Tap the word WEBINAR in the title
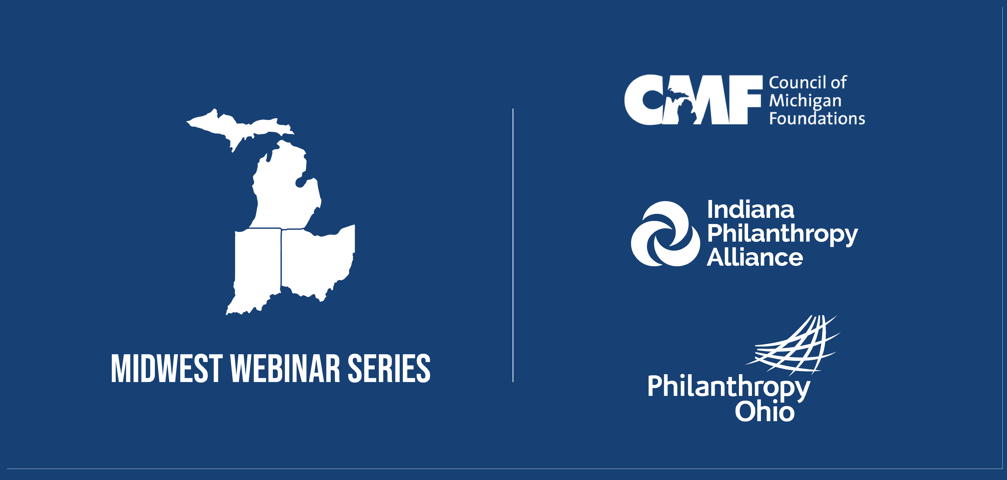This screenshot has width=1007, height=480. coord(285,368)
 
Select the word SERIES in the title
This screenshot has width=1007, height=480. coord(389,368)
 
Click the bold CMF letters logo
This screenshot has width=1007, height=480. coord(693,100)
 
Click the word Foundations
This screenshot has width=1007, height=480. coord(817,119)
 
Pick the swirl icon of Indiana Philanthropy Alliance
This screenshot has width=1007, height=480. coord(665,234)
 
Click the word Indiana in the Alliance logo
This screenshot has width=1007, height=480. coord(751,210)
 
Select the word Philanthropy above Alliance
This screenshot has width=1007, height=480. coord(783,234)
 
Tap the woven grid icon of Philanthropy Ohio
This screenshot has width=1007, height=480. coord(794,346)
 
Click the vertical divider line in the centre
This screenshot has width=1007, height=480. coord(513,245)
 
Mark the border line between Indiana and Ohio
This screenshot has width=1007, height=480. coord(281,258)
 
